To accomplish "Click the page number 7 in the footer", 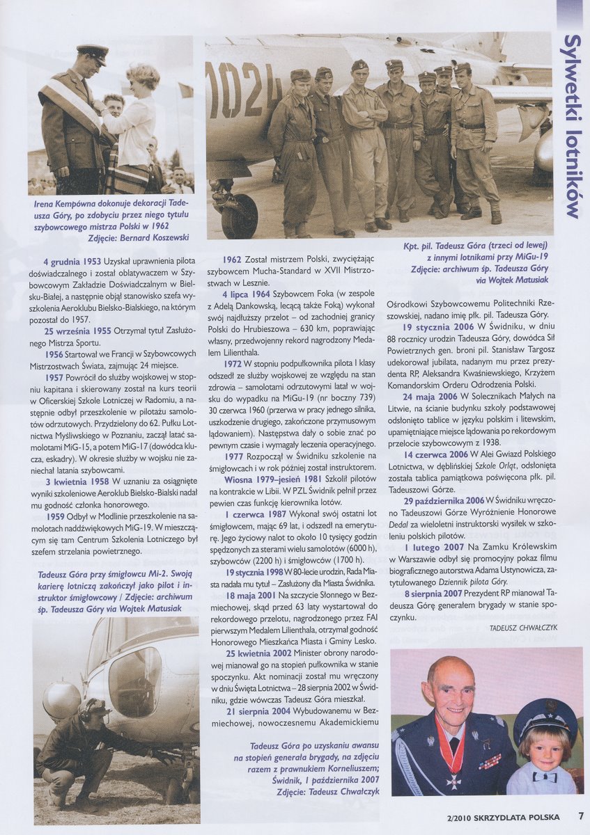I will [580, 816].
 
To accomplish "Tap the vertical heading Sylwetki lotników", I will [573, 125].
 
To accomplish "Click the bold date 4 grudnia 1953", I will [72, 261].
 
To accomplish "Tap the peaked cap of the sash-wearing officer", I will [92, 53].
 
